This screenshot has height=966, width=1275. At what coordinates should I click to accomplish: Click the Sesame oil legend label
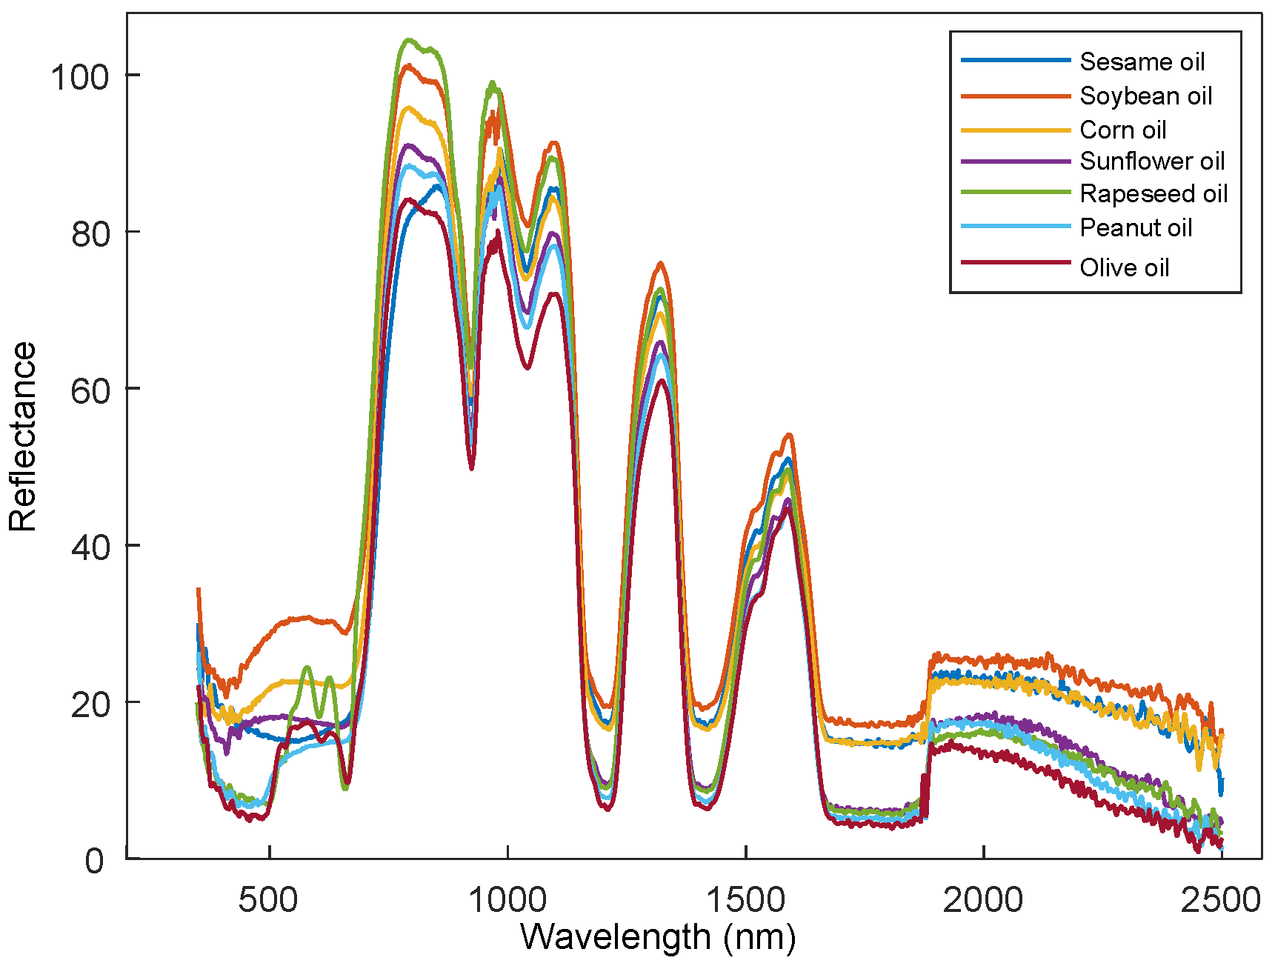[x=1142, y=61]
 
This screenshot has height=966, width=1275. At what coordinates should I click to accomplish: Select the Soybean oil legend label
[x=1145, y=96]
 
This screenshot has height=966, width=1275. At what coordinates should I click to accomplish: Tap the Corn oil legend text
[x=1122, y=130]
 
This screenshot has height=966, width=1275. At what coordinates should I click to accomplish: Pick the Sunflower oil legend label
[x=1152, y=161]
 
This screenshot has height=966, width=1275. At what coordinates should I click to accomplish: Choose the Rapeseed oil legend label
[x=1154, y=193]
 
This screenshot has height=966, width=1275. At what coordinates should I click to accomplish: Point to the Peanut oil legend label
[x=1136, y=227]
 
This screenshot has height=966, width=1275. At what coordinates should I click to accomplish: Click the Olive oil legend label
[x=1124, y=267]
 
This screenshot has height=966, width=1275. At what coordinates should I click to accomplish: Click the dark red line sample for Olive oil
[x=1015, y=263]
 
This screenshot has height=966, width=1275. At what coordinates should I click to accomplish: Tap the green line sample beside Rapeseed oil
[x=1015, y=193]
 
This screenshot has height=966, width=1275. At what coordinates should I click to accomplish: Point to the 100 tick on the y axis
[x=79, y=76]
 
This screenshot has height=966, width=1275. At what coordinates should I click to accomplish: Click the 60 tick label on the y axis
[x=90, y=390]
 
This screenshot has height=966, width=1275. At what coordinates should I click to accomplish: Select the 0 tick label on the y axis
[x=95, y=861]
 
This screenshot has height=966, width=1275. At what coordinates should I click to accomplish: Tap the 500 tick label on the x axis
[x=268, y=900]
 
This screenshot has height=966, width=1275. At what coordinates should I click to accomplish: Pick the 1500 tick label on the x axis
[x=745, y=900]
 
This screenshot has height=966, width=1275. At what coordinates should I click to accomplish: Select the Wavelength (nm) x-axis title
[x=658, y=937]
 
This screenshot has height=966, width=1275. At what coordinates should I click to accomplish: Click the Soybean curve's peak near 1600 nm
[x=789, y=435]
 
